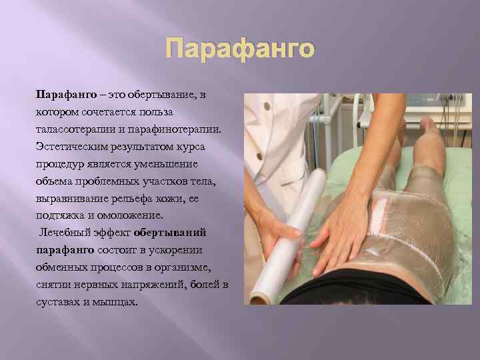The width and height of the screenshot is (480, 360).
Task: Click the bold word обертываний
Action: pos(169,233)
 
